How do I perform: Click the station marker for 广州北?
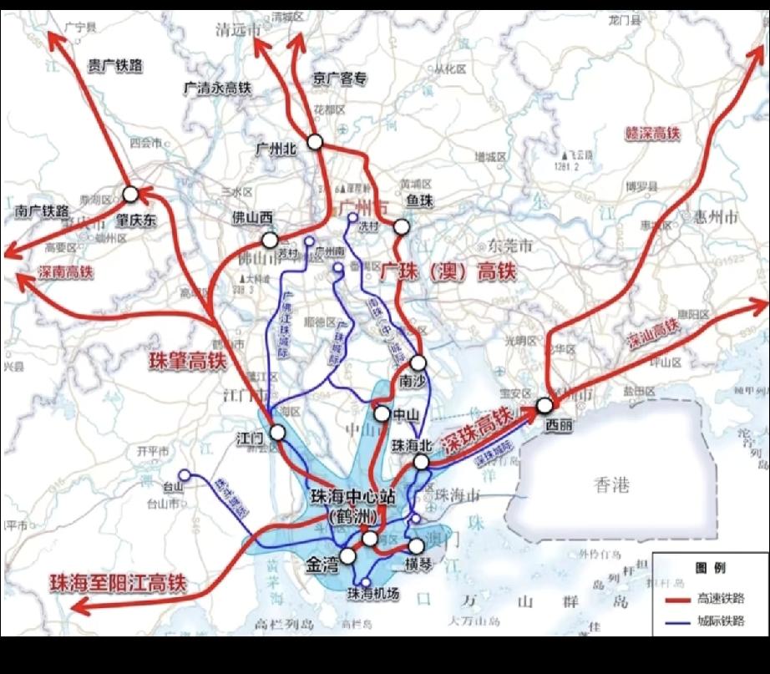click(314, 142)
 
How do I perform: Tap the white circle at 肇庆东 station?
click(130, 195)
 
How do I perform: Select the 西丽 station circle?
click(545, 405)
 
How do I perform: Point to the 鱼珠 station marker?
click(402, 226)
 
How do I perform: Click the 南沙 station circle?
click(418, 363)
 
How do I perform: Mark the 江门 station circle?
click(277, 432)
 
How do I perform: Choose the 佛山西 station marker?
click(270, 240)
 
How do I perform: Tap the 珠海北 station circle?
click(422, 462)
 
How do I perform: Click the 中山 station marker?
click(381, 413)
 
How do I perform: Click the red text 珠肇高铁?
click(188, 361)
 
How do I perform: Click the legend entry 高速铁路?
click(718, 599)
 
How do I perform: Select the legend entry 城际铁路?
click(718, 621)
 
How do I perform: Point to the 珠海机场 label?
click(372, 594)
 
